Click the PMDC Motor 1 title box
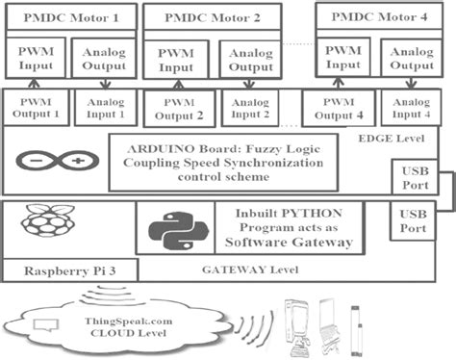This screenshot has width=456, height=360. pyautogui.click(x=68, y=18)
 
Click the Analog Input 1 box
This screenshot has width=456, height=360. pyautogui.click(x=105, y=107)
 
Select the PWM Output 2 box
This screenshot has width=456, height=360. pyautogui.click(x=179, y=110)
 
